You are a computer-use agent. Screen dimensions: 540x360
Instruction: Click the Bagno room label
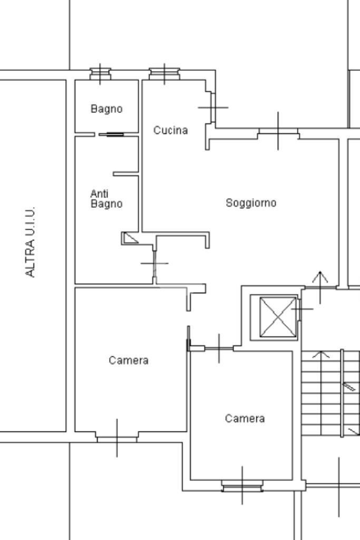coord(106,109)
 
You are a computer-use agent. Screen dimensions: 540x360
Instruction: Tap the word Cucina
coord(170,130)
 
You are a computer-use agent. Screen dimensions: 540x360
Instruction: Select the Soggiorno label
coord(251,202)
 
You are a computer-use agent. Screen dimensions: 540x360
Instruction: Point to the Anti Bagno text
coord(106,199)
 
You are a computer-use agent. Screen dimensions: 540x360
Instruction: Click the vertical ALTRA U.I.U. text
coord(31,242)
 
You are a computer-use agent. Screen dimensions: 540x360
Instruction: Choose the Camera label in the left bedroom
coord(129,360)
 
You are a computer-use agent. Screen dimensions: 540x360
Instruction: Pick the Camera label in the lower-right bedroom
coord(245,418)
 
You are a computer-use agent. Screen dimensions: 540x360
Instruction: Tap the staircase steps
coord(322,393)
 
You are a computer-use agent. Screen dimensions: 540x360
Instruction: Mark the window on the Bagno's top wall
coord(100,73)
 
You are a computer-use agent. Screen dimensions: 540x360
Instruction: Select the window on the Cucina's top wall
coord(164,73)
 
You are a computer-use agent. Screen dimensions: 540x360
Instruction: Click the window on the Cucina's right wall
coord(212,107)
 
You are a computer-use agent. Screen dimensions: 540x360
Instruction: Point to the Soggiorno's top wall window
coord(278,132)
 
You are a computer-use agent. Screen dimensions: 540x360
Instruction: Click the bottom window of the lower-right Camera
coord(242,486)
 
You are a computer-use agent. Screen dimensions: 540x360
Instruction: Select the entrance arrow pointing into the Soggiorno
coord(320,279)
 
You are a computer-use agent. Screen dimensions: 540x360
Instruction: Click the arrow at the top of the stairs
coord(317,355)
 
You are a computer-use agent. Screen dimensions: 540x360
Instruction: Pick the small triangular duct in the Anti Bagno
coord(130,238)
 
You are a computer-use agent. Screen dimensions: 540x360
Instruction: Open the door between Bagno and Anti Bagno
coord(111,134)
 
